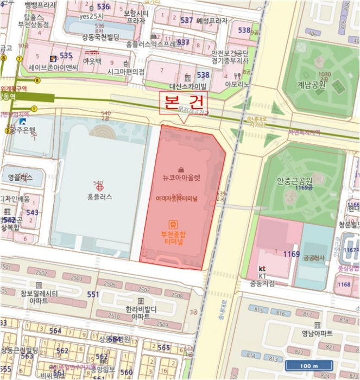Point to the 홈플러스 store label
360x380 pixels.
click(99, 197)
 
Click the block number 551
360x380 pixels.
click(93, 294)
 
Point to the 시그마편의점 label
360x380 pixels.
click(126, 71)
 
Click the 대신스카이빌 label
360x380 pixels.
click(188, 86)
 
